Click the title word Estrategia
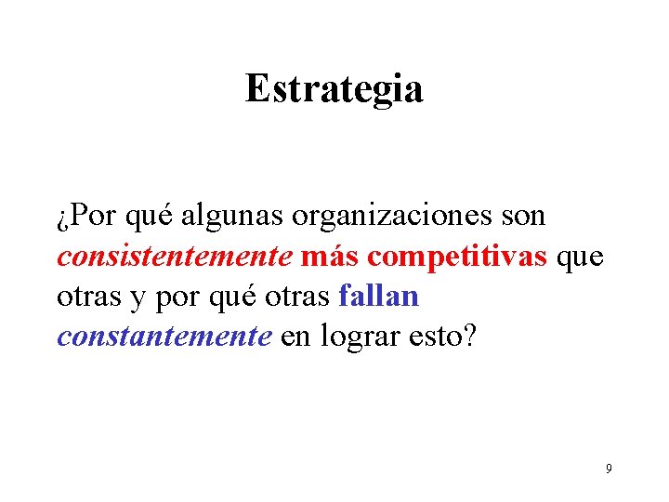(334, 89)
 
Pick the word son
(523, 217)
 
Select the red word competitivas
(457, 257)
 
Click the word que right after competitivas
(581, 258)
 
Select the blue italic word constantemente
(164, 337)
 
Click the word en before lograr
(295, 337)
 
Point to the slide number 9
(609, 469)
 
